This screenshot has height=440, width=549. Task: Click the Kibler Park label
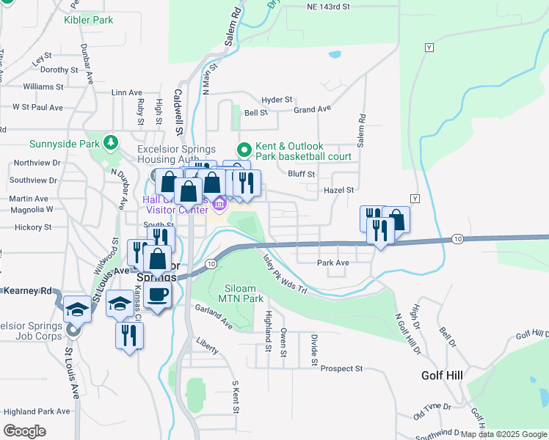(88, 20)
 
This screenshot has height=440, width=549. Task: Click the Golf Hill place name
(442, 375)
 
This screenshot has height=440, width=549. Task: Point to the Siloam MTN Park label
(240, 293)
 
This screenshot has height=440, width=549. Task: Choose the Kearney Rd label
(24, 291)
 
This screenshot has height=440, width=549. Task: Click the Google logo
(25, 430)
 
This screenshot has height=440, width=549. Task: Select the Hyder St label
(277, 99)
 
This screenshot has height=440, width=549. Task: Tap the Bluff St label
(301, 174)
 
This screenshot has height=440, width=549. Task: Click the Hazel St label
(339, 190)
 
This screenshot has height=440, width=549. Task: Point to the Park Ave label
(332, 263)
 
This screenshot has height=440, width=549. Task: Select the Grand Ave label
(312, 109)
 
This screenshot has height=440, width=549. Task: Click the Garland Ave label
(214, 316)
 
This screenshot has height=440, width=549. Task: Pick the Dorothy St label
(59, 70)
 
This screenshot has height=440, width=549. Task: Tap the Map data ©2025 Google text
(503, 433)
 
